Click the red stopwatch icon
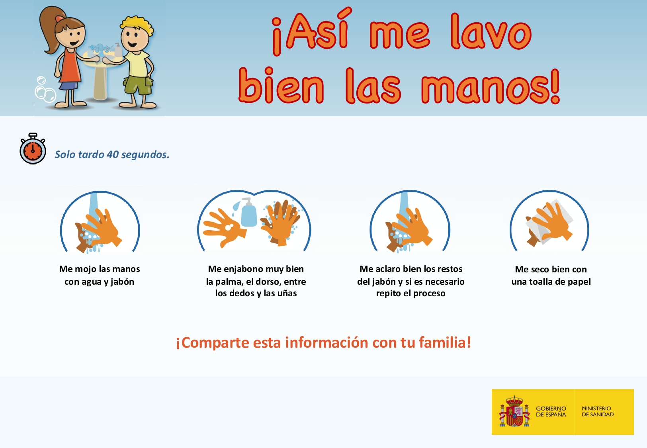coord(33,149)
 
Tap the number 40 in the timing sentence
coord(112,155)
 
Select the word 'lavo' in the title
coord(491,32)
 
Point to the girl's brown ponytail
coord(48,29)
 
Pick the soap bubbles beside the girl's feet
coord(45,90)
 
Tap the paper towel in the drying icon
coord(548,223)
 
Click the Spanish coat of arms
coord(514,411)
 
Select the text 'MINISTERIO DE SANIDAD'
coord(598,411)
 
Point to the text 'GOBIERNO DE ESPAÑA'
coord(551,411)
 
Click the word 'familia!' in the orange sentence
coord(445,342)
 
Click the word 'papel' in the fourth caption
coord(579,282)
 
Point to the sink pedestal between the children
coord(100,84)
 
